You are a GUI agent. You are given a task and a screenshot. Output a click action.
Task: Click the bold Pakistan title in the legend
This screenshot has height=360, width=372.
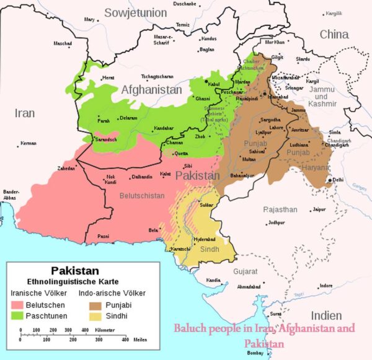click(74, 271)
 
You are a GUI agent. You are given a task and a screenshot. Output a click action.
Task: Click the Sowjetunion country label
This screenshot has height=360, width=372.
click(136, 12)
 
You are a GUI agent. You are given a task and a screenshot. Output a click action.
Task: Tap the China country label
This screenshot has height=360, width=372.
click(334, 35)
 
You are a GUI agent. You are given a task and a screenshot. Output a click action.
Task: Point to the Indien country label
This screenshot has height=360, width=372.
click(325, 314)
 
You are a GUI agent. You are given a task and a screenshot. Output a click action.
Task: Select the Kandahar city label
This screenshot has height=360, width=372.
click(164, 128)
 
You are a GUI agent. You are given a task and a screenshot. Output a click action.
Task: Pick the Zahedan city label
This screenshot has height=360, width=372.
click(66, 168)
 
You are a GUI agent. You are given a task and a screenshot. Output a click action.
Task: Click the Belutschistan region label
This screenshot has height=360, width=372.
click(142, 195)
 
